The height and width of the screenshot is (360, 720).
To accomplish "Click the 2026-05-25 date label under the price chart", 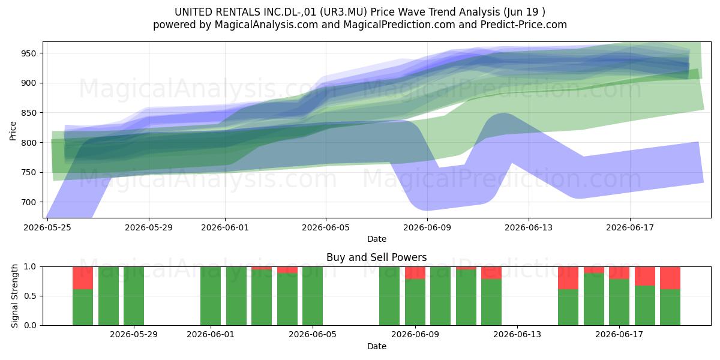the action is pos(47,227).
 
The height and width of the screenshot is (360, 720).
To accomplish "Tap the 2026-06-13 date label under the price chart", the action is pos(529,227).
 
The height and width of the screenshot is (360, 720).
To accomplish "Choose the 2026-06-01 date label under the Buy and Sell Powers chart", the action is pos(211,334).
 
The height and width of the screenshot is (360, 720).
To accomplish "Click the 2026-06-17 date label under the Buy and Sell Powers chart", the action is pos(619,334).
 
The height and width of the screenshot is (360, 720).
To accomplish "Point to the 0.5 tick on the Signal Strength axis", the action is pos(30,296).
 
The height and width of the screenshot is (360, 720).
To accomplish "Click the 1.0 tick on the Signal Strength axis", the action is pos(30,267).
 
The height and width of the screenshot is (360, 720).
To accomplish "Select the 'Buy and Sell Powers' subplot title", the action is pos(376,257).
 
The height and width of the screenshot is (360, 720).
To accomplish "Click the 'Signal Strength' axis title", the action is pos(14,296).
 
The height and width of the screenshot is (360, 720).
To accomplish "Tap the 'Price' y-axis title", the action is pos(13,131).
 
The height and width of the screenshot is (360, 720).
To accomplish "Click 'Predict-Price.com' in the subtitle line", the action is pos(524,25).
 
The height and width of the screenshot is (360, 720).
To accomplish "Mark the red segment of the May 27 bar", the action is pos(83,278).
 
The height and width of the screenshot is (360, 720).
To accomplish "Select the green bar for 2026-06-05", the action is pos(313,296).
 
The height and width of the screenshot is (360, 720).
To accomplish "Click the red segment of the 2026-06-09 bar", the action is pos(415,273).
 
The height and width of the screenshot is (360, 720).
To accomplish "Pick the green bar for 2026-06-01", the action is pos(211,296).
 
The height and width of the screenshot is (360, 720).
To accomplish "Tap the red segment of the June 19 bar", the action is pos(670,278).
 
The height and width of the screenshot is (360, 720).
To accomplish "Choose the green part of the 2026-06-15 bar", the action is pos(568,307).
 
